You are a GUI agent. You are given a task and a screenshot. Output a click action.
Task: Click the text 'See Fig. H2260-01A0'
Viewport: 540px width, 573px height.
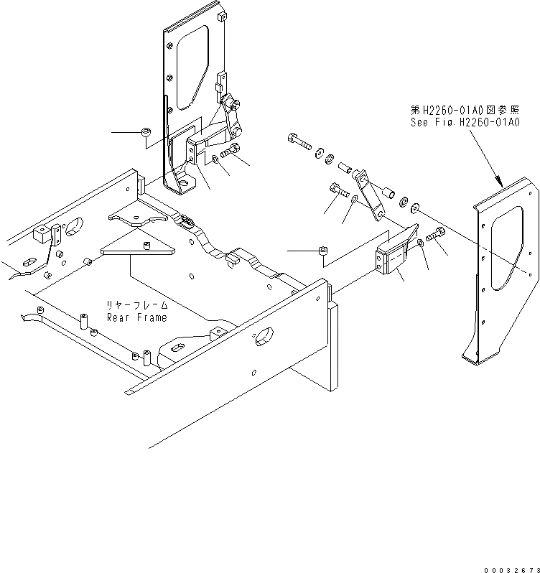pyautogui.click(x=464, y=122)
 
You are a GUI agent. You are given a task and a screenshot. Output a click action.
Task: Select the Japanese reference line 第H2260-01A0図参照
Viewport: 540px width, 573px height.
pyautogui.click(x=464, y=111)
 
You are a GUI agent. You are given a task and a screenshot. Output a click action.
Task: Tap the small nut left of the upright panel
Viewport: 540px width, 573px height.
pyautogui.click(x=146, y=133)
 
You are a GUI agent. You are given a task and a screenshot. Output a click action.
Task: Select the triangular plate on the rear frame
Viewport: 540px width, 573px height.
pyautogui.click(x=139, y=248)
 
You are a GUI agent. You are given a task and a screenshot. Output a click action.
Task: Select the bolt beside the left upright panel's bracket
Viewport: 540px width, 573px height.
pyautogui.click(x=231, y=152)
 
